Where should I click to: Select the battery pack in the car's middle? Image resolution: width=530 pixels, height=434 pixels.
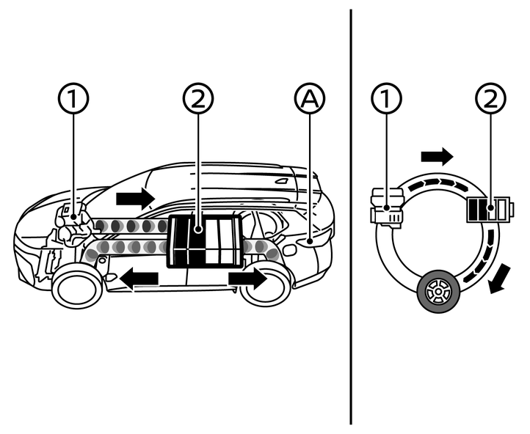pyautogui.click(x=204, y=241)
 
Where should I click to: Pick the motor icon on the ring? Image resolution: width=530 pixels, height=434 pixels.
pyautogui.click(x=388, y=208)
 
